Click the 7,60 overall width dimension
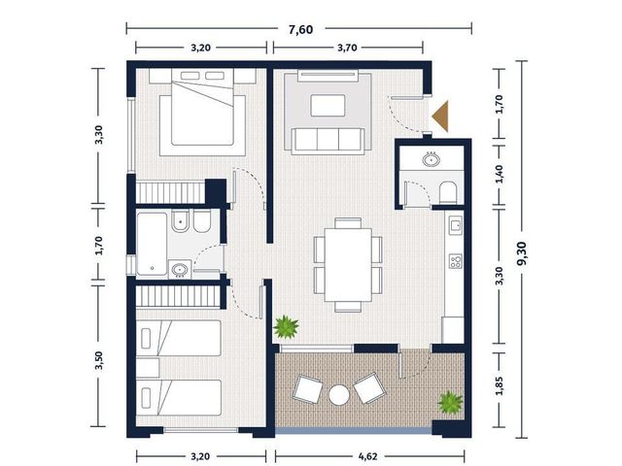pos(300,30)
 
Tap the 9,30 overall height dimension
pos(522,253)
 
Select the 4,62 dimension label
pos(367,456)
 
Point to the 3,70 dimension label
pos(347,48)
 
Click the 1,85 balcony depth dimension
pos(500,385)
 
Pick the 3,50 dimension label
pos(99,360)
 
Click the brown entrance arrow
pos(440,116)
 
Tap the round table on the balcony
pos(339,395)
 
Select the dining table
pos(348,265)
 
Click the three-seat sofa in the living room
pos(328,141)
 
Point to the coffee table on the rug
pos(328,106)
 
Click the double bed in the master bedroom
pos(202,113)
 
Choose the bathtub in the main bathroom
pos(152,244)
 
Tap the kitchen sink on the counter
pos(456,225)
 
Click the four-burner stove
pos(456,261)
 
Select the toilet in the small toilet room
pos(448,192)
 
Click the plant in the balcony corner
pos(450,403)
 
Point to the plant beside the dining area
pos(286,327)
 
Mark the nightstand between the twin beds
pos(148,368)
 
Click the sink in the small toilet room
pos(432,159)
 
